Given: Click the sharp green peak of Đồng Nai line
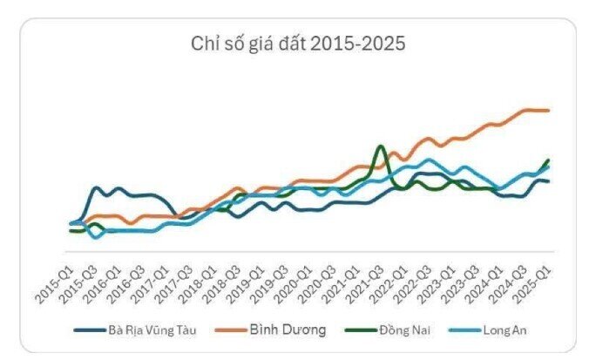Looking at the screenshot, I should pyautogui.click(x=380, y=146).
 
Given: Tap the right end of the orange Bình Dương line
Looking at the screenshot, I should pyautogui.click(x=548, y=111).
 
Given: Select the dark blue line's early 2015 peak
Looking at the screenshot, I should pyautogui.click(x=96, y=187).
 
